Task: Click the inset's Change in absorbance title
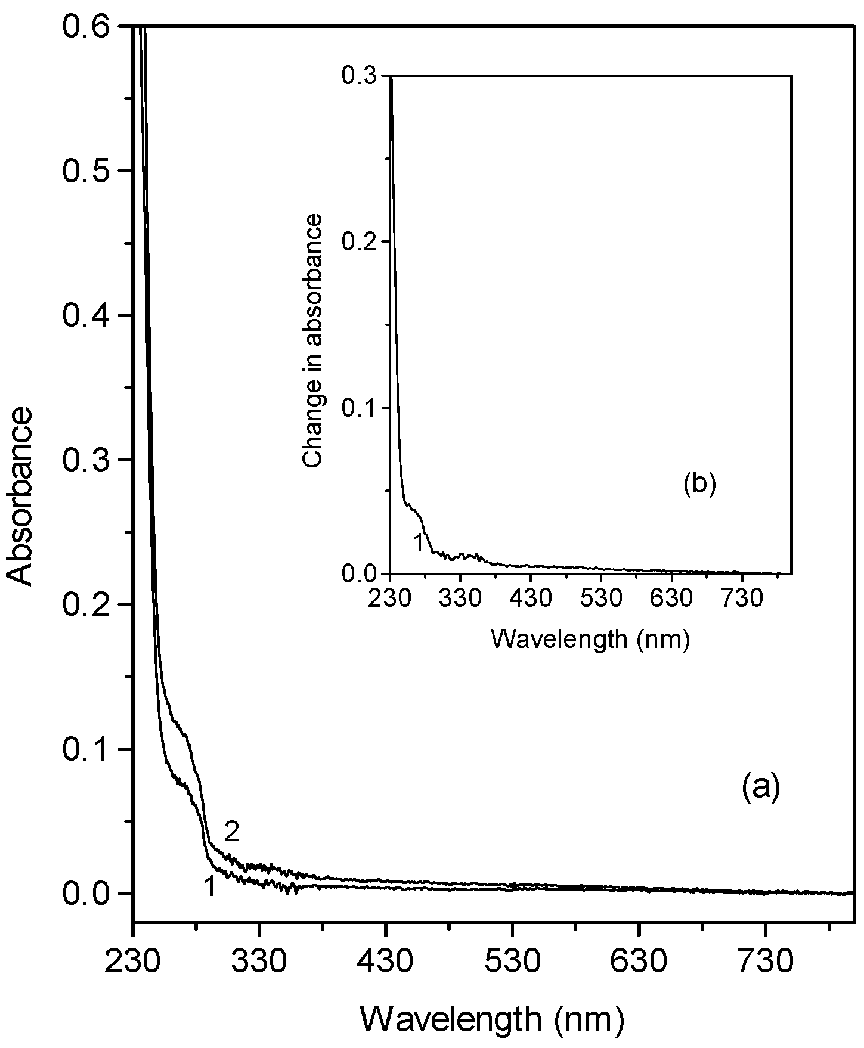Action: (312, 341)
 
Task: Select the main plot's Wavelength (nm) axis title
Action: (493, 1021)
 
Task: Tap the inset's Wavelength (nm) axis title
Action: (590, 640)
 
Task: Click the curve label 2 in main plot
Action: (231, 832)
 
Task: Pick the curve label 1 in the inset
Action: (419, 543)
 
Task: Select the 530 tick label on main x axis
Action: (512, 962)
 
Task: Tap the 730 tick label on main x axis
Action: (765, 962)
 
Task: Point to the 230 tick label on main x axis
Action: (133, 962)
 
